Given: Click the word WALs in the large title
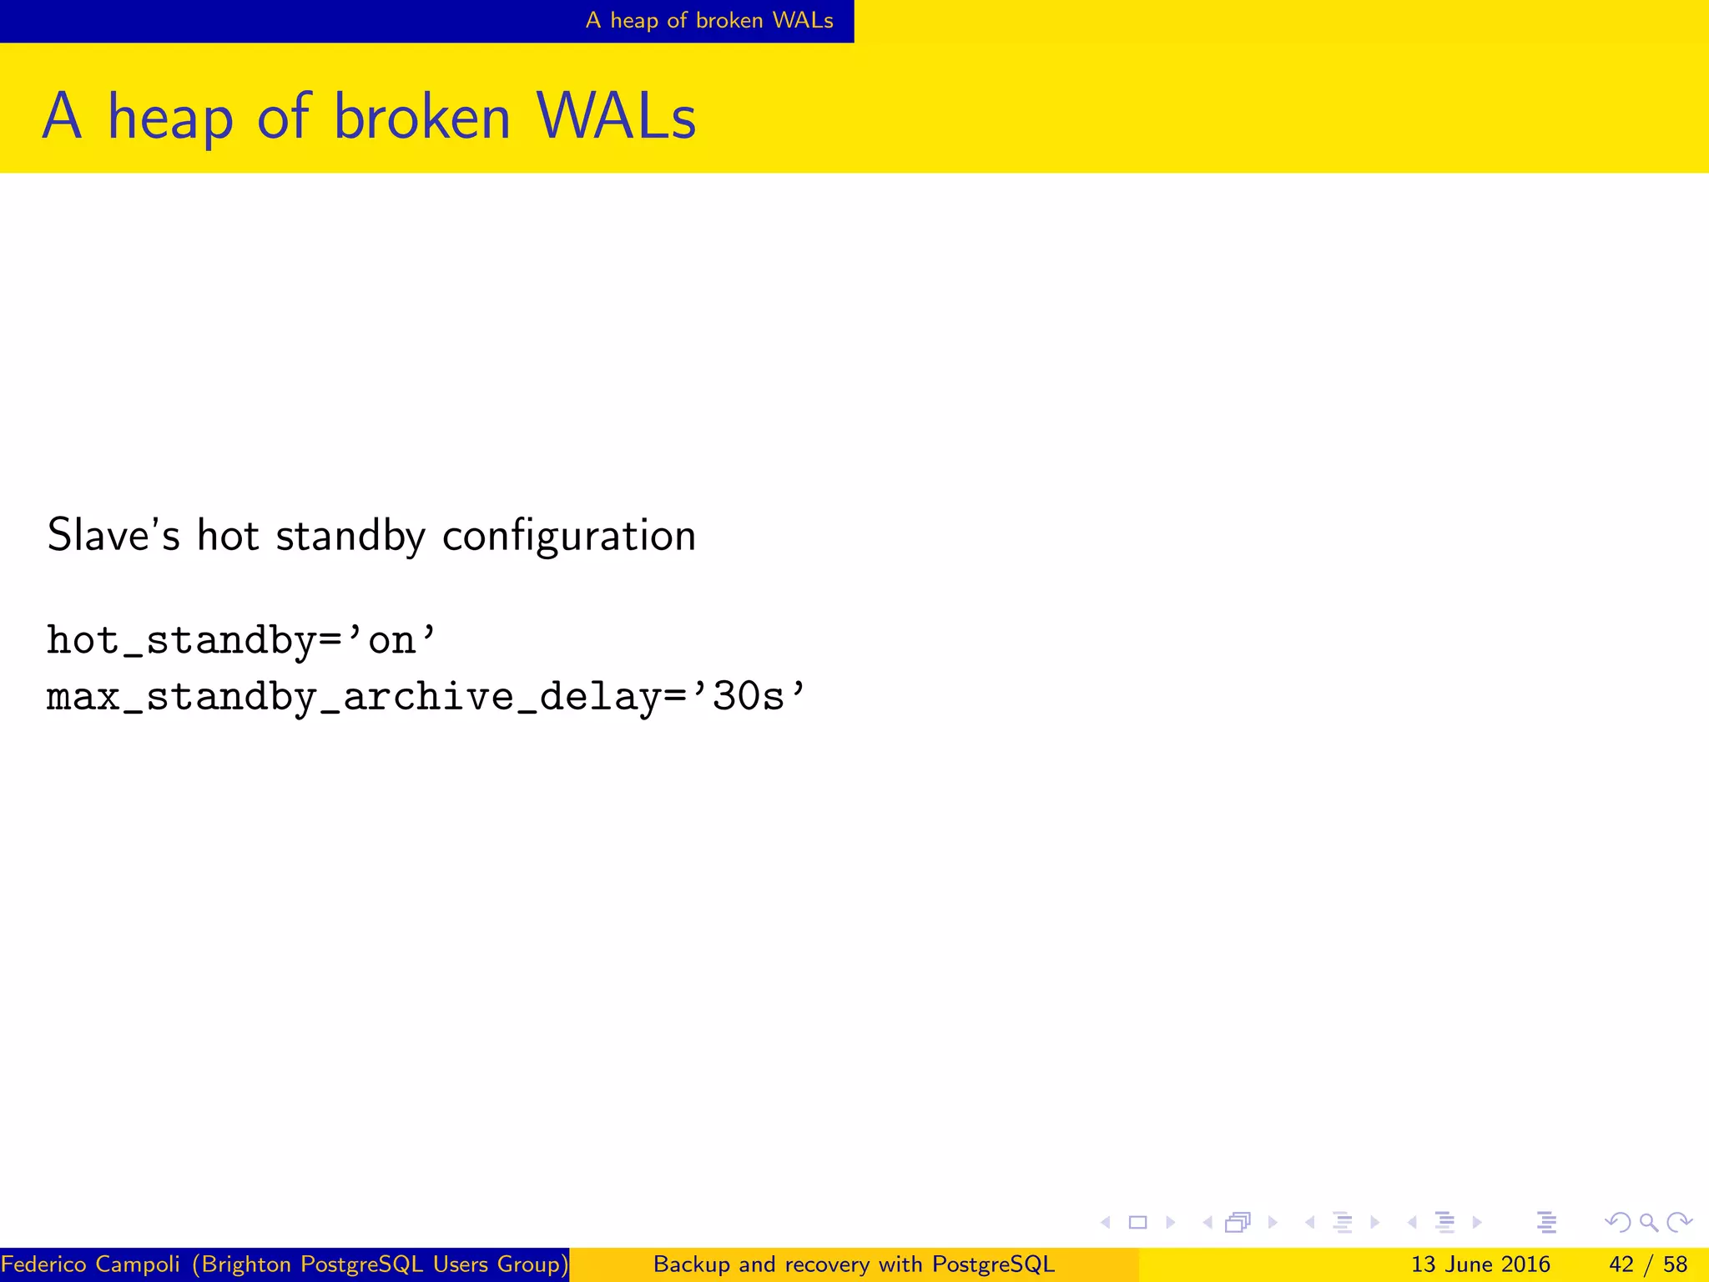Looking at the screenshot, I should point(616,117).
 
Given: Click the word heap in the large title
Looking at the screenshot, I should point(170,117).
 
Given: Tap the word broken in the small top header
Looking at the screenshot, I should point(729,20).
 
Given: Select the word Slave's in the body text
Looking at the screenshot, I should point(113,535).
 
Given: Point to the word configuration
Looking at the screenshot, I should point(568,537).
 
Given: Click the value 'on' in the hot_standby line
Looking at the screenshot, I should point(391,641).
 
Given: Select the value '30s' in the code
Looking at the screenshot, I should point(748,696).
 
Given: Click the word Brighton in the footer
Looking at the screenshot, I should point(247,1264).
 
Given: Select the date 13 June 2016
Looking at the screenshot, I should point(1480,1264).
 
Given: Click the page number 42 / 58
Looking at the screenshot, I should point(1648,1264).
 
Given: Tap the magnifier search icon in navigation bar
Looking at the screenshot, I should point(1648,1223).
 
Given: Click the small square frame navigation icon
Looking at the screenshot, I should point(1137,1223).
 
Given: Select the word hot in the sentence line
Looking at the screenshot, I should point(228,535).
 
